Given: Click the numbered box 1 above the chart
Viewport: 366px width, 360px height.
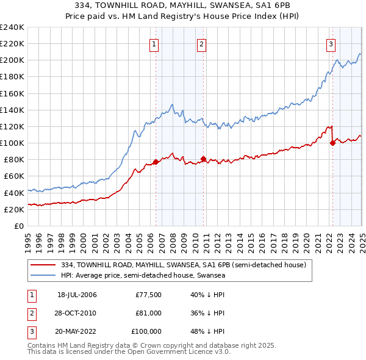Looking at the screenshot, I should click(x=154, y=44).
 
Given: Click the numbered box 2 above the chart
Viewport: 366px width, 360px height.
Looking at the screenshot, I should click(x=201, y=44).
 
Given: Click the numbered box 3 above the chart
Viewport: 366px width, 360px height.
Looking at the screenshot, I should click(x=331, y=44).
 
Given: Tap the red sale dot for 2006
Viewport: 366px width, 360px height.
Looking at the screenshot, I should click(x=156, y=162).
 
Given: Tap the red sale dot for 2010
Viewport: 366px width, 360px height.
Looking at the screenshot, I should click(x=203, y=159).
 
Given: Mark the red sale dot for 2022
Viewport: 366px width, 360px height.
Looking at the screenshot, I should click(x=332, y=143).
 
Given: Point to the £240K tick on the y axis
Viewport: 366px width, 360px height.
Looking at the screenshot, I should click(x=12, y=27).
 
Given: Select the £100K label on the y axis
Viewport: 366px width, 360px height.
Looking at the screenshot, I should click(x=12, y=143).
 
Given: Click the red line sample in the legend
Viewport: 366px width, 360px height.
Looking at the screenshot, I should click(x=43, y=265).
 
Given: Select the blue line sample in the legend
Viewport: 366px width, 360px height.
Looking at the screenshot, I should click(x=43, y=275).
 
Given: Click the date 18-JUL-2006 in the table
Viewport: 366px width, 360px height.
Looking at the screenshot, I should click(x=77, y=295).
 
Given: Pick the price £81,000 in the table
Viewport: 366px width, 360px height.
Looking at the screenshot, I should click(x=148, y=313).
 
